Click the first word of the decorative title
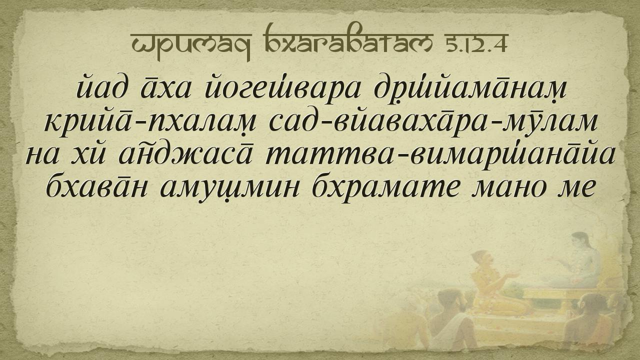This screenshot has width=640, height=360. pos(191,45)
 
